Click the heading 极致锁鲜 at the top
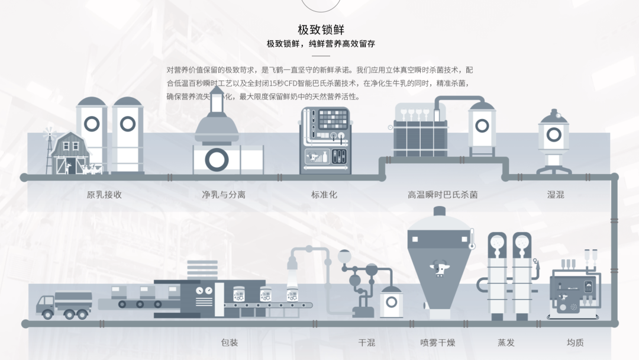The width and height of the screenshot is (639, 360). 321,30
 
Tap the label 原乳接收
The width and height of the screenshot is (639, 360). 104,194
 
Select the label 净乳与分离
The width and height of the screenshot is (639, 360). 224,194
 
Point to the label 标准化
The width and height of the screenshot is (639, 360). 324,194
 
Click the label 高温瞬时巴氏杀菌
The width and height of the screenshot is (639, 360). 443,194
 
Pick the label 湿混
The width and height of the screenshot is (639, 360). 556,194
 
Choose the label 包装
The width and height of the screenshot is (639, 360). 229,342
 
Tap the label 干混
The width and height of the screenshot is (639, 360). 367,342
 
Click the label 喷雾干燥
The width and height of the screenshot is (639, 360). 438,342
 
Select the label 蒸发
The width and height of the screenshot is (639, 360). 506,342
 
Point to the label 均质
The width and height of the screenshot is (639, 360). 575,342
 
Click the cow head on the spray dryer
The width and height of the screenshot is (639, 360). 440,268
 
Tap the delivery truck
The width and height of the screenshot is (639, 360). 64,304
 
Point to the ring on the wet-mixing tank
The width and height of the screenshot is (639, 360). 553,135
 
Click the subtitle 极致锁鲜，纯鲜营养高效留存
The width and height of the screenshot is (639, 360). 321,44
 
